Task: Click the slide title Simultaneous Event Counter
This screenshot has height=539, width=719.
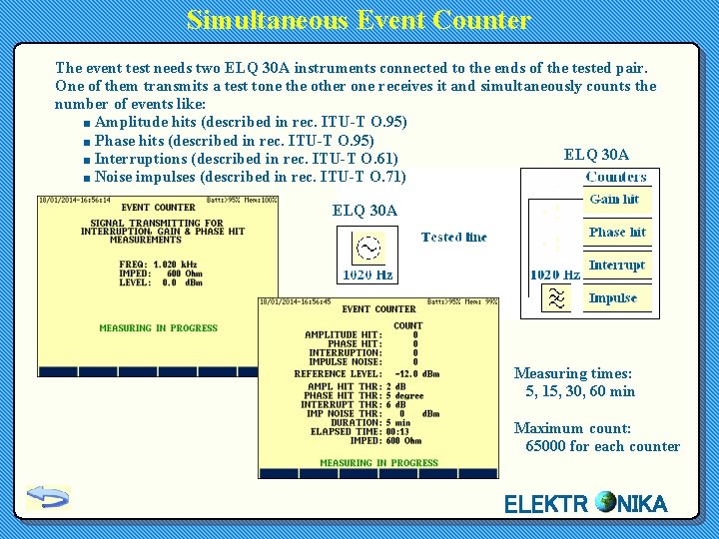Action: (359, 20)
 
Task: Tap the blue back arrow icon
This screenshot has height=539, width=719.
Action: (47, 496)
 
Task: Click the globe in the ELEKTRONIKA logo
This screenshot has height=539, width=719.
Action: (604, 502)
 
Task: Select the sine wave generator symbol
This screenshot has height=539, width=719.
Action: (367, 249)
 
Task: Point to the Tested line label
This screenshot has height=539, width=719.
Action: (454, 238)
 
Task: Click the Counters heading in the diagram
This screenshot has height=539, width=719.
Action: (616, 177)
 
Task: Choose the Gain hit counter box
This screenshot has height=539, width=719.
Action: (615, 200)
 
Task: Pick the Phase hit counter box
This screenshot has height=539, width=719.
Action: (617, 233)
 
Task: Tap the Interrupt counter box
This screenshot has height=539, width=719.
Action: (617, 266)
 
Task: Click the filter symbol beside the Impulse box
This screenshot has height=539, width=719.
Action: (555, 298)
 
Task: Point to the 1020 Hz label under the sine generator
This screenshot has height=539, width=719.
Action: (367, 274)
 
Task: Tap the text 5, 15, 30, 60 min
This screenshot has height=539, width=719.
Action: (580, 391)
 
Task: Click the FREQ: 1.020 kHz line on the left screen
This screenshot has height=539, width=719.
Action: (160, 265)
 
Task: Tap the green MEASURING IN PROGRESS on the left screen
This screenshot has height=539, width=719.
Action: (158, 327)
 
